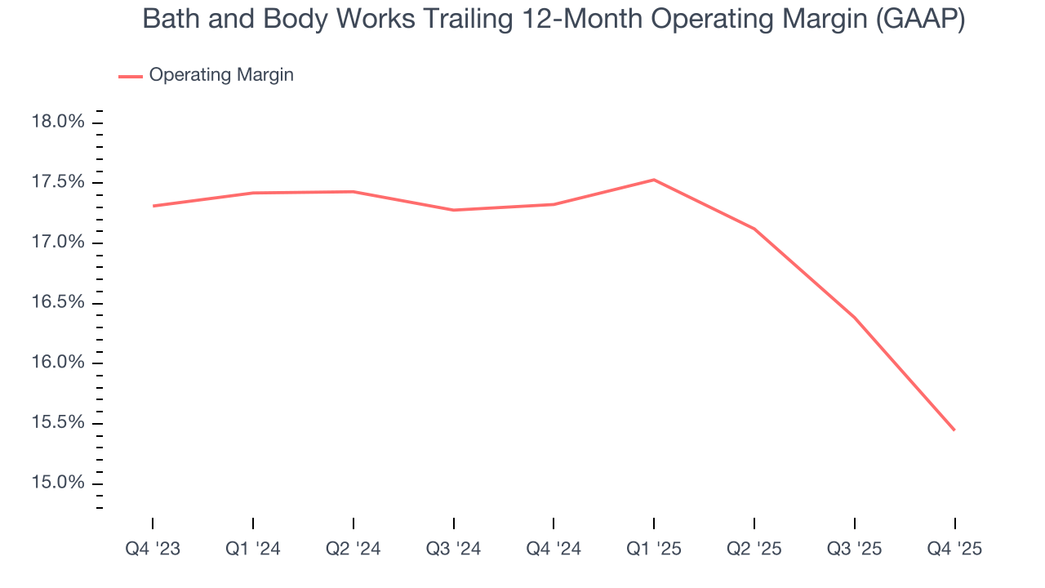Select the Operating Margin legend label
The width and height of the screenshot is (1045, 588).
coord(221,75)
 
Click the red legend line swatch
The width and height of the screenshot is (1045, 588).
coord(131,76)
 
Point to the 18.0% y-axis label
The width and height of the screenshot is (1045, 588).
coord(58,122)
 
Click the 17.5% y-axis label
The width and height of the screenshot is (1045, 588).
coord(58,182)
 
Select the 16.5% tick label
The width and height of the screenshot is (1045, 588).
coord(58,302)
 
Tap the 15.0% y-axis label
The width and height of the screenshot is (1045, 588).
coord(58,483)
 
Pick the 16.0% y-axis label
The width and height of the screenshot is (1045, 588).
coord(58,363)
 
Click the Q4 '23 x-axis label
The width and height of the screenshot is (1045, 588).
coord(153,549)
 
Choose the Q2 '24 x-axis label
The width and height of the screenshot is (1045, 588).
coord(353,549)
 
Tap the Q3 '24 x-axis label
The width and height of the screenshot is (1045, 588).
coord(453,549)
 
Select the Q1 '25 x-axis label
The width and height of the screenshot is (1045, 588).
coord(654,549)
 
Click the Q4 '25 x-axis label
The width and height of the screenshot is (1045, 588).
coord(954,549)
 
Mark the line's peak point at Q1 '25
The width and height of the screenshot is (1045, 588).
coord(654,180)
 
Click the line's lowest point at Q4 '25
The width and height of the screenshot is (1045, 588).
coord(954,430)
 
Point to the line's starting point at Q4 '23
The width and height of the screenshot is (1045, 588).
coord(153,206)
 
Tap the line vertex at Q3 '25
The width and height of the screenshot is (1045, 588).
coord(854,317)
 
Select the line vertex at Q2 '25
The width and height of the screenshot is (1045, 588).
coord(754,229)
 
